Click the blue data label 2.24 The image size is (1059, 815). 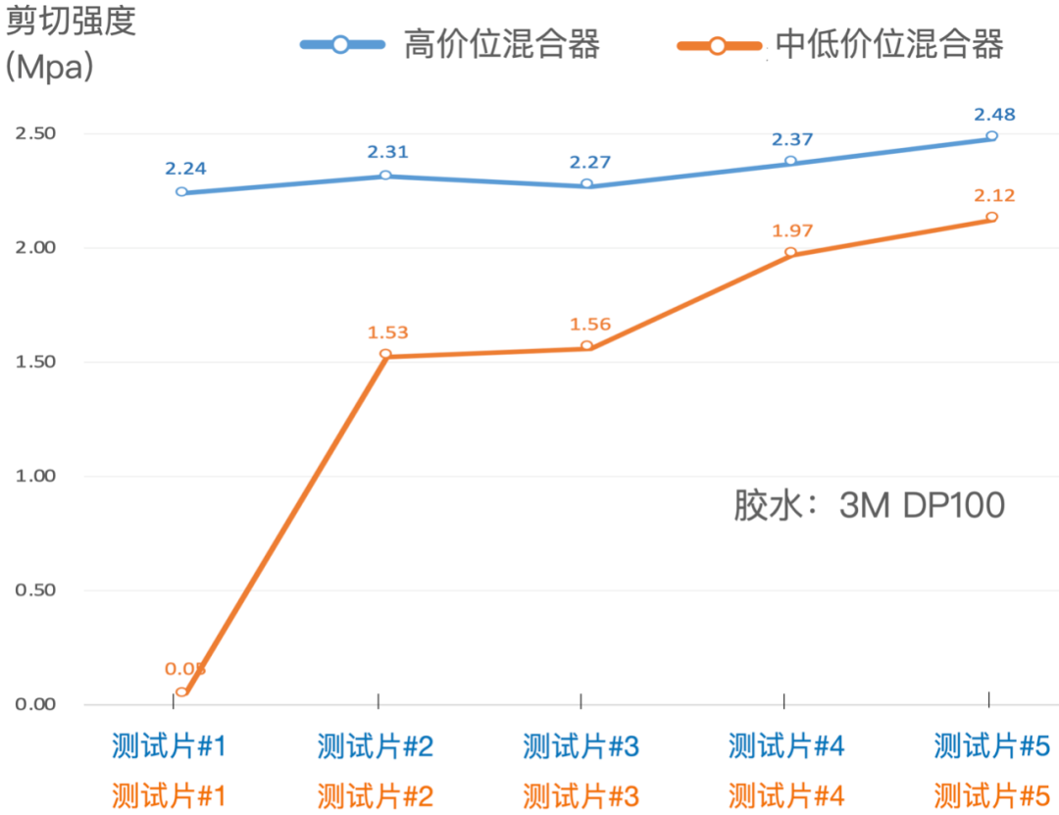(185, 169)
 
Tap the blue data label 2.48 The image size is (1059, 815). (994, 115)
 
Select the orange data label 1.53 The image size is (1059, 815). (387, 333)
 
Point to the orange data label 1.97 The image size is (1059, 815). (792, 230)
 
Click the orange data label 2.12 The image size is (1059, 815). (994, 196)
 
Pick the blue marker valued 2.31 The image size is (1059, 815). (385, 176)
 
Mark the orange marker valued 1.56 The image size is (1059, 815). (586, 346)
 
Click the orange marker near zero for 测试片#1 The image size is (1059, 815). (181, 692)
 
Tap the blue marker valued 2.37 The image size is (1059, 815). (790, 161)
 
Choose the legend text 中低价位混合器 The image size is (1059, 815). (890, 45)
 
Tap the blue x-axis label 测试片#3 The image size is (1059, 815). (581, 747)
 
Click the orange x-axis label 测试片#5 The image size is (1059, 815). (991, 795)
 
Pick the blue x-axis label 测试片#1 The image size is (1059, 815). (170, 747)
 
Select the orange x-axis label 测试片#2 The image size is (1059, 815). (376, 795)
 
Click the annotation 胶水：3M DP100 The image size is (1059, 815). (870, 505)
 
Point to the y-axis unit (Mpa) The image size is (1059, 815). (50, 68)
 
